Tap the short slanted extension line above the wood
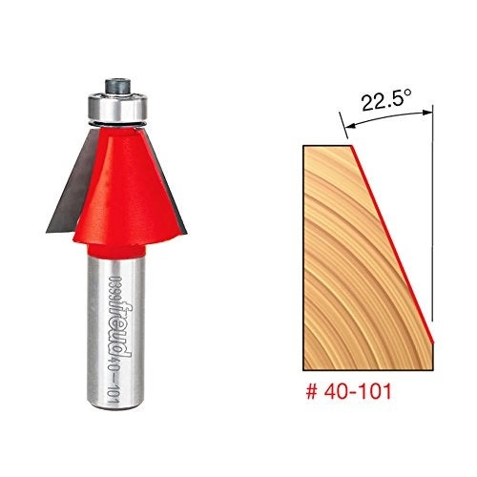point(344,129)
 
